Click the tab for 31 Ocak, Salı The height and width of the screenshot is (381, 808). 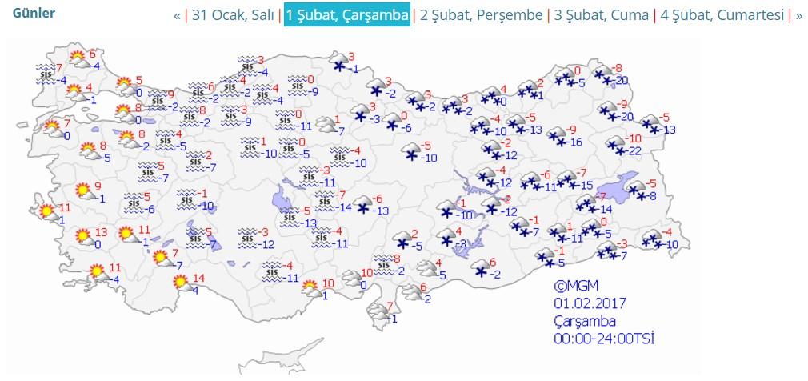pyautogui.click(x=234, y=15)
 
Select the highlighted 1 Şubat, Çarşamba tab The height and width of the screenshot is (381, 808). pyautogui.click(x=347, y=15)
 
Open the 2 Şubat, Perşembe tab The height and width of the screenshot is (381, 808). pyautogui.click(x=481, y=15)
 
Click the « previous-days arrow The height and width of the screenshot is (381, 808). pyautogui.click(x=177, y=15)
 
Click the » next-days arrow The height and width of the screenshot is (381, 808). pyautogui.click(x=799, y=15)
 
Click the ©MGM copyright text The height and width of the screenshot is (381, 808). pyautogui.click(x=575, y=287)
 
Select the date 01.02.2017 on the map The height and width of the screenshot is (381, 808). pyautogui.click(x=590, y=303)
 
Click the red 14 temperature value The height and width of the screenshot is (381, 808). pyautogui.click(x=199, y=279)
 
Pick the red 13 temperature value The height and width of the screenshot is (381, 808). pyautogui.click(x=100, y=232)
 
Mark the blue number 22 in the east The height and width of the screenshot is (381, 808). pyautogui.click(x=636, y=152)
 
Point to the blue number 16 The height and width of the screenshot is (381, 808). pyautogui.click(x=574, y=142)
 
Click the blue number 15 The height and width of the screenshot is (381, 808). pyautogui.click(x=586, y=185)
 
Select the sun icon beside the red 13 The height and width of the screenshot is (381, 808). pyautogui.click(x=82, y=236)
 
